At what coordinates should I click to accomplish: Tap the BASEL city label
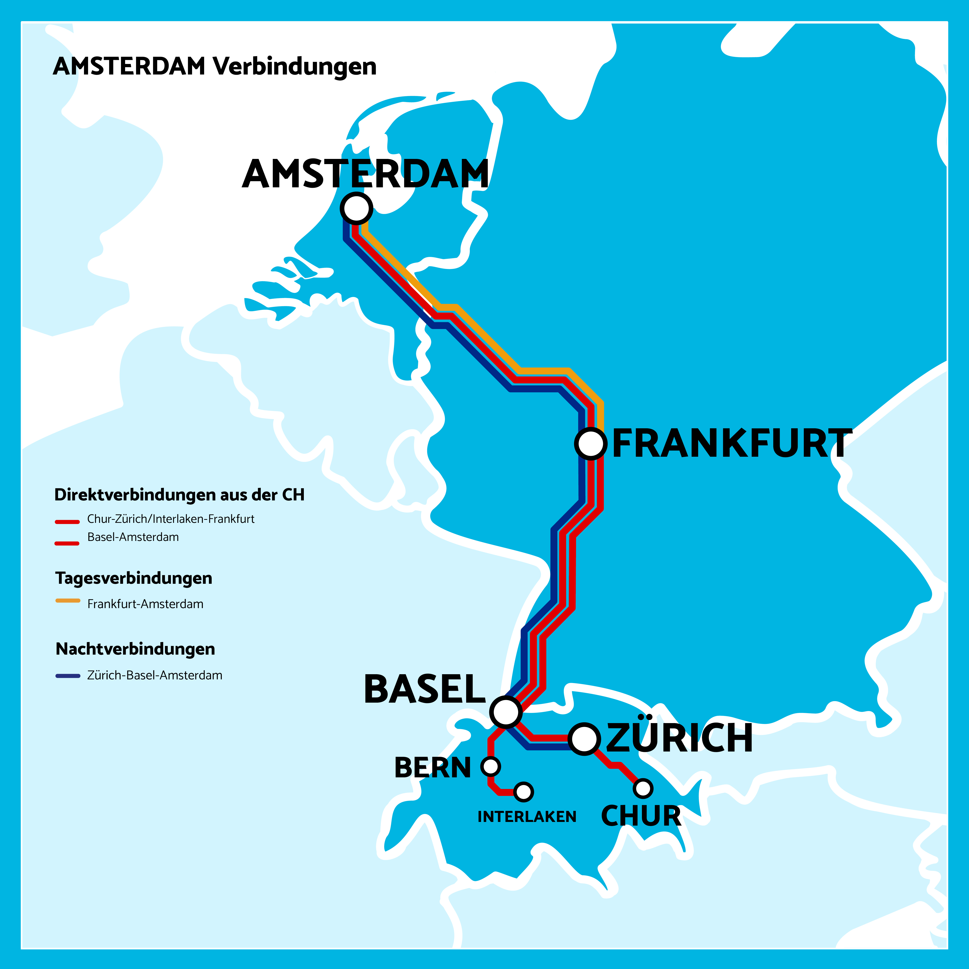pos(424,689)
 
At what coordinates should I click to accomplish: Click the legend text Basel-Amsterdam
pos(133,537)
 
